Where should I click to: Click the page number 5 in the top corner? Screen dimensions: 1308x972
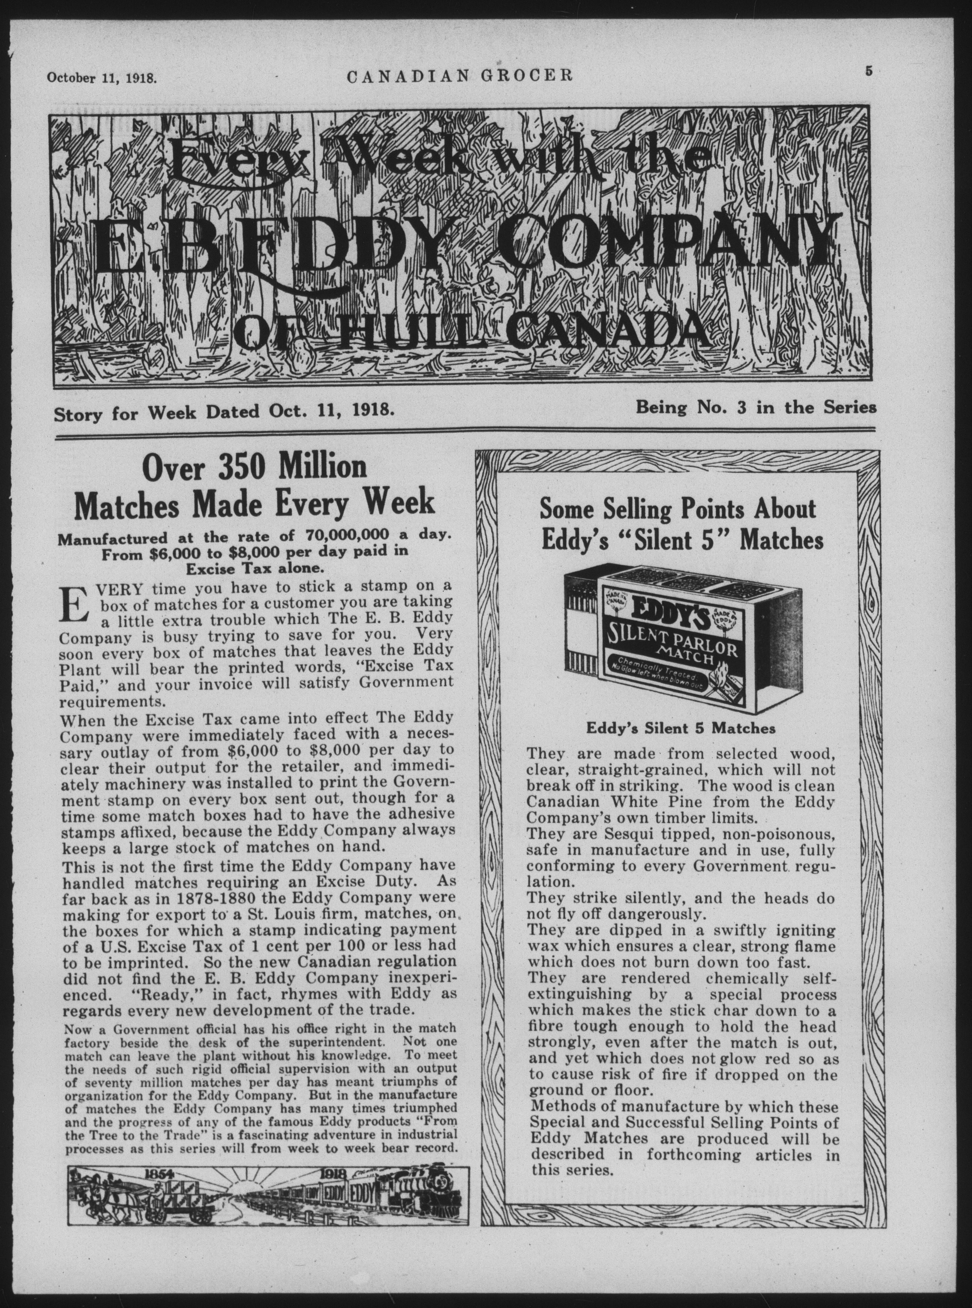(x=868, y=72)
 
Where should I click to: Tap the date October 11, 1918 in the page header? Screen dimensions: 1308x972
(x=102, y=77)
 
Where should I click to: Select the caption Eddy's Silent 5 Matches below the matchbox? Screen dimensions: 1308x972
(x=680, y=728)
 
